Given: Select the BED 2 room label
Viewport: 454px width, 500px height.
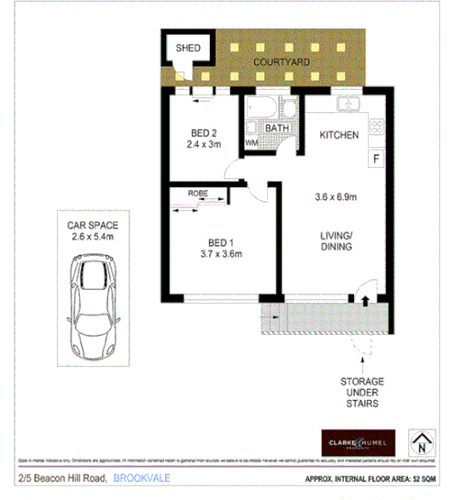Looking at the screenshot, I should click(205, 131).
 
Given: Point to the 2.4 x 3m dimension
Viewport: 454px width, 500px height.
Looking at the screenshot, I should click(205, 144).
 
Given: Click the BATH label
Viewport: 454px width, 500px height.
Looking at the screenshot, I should click(277, 128).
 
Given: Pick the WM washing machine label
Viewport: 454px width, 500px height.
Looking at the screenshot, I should click(251, 143).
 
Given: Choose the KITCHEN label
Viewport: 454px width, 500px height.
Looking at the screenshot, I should click(339, 135).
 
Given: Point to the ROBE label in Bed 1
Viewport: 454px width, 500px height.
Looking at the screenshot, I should click(197, 193).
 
